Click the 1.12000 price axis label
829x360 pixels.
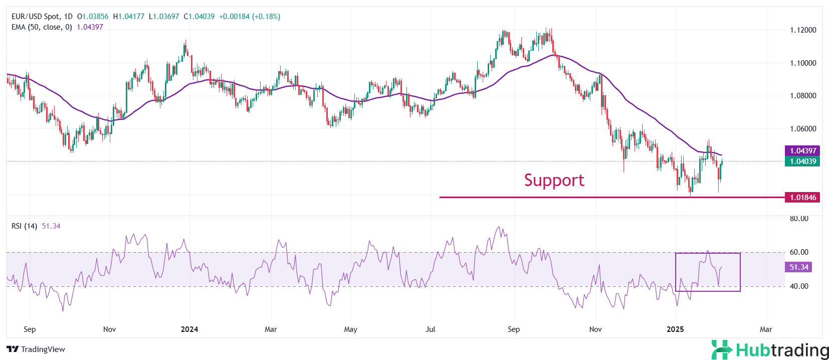803,30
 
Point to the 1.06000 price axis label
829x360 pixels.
803,129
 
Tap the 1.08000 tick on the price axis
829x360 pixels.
803,96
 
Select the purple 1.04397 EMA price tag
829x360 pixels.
803,150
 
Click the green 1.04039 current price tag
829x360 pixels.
803,161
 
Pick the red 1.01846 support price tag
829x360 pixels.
803,198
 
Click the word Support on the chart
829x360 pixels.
554,180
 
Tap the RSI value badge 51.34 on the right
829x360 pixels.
799,267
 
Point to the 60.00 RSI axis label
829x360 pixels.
799,252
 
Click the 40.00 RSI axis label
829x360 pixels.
799,286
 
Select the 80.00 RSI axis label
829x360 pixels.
799,219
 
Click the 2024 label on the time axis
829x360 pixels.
189,329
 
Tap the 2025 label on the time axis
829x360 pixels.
675,329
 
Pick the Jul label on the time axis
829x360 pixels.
430,329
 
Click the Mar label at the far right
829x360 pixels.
766,329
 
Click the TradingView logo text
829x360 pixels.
36,349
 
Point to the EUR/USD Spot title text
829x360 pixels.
35,17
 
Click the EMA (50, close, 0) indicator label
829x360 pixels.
42,27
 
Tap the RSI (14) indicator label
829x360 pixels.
24,226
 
